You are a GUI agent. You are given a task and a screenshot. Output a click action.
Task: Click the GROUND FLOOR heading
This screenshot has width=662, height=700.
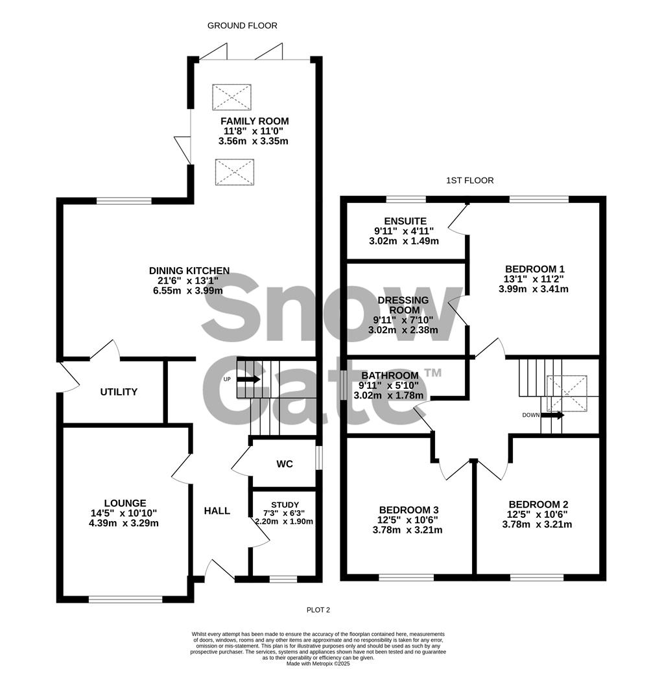[x=242, y=26]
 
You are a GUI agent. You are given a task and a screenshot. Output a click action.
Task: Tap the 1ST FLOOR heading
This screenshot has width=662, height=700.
[x=469, y=181]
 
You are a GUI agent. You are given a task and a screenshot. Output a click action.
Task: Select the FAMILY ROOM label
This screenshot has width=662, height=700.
[x=254, y=121]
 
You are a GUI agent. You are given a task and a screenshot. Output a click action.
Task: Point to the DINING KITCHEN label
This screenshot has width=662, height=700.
[x=189, y=271]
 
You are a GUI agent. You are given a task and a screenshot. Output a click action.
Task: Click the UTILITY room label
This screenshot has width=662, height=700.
[x=119, y=392]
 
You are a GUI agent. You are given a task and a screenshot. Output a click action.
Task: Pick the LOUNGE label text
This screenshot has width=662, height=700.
[x=124, y=503]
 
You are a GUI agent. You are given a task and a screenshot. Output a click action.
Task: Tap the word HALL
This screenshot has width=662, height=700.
[x=217, y=511]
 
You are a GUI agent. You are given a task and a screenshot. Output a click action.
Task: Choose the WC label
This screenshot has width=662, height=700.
[x=285, y=464]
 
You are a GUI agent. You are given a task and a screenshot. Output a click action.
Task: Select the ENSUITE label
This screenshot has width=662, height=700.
[x=405, y=222]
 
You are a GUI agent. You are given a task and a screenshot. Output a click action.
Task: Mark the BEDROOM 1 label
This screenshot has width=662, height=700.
[x=535, y=269]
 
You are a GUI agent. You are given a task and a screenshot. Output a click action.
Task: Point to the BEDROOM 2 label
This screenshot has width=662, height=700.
[x=538, y=505]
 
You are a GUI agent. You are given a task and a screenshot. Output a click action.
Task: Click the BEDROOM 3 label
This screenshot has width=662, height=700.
[x=408, y=510]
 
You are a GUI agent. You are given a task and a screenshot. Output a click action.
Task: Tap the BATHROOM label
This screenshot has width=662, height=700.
[x=390, y=376]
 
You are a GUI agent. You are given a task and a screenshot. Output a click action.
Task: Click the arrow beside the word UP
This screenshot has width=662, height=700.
[x=249, y=379]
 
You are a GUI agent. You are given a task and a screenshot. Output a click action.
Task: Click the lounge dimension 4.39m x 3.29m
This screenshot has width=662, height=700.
[x=124, y=523]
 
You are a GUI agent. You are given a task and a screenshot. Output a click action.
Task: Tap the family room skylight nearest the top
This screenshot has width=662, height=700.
[x=231, y=97]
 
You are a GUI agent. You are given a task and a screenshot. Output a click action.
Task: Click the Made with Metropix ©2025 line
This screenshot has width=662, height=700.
[x=318, y=663]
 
